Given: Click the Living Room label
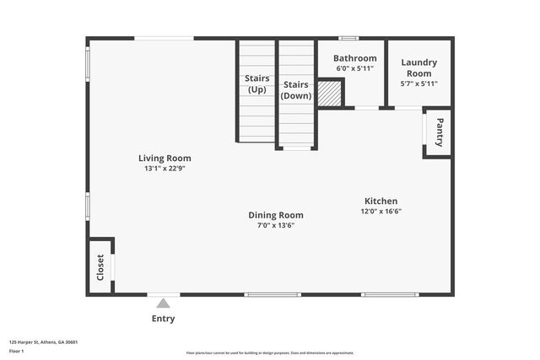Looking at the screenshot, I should (x=165, y=158).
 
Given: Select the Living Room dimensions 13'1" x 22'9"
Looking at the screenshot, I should (x=165, y=168).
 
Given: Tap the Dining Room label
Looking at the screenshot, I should (x=275, y=215).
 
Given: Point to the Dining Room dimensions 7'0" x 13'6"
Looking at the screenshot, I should (x=275, y=225).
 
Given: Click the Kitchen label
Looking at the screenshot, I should (x=381, y=201).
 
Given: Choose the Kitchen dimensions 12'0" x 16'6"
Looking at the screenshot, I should (x=381, y=211).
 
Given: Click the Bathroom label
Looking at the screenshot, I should (x=354, y=58).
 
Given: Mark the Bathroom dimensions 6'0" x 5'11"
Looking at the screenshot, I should (x=354, y=68).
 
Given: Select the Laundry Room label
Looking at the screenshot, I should (x=418, y=67).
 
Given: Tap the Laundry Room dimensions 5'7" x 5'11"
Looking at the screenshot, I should (x=418, y=83).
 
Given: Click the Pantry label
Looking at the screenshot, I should (x=439, y=132).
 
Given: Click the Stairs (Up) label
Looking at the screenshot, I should (x=256, y=83).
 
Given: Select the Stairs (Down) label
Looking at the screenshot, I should (x=296, y=89).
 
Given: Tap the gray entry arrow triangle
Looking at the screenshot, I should (x=163, y=303).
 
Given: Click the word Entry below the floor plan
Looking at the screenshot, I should (x=163, y=319).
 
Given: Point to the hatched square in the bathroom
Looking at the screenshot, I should (x=330, y=93).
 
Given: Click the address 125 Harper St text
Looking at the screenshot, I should (x=43, y=342).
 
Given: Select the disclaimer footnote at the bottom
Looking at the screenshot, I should (x=270, y=353).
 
